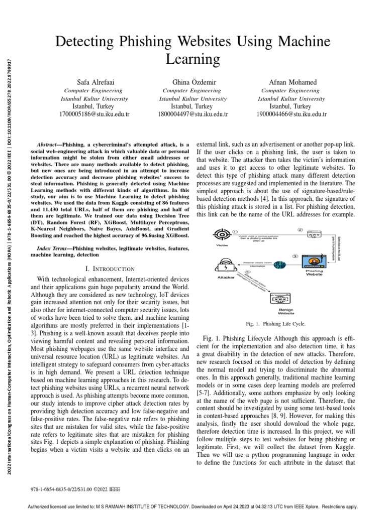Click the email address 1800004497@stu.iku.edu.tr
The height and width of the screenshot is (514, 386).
193,114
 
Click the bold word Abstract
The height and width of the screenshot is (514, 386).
49,144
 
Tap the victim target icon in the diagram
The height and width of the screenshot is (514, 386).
222,234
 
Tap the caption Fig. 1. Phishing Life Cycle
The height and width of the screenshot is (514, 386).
275,324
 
